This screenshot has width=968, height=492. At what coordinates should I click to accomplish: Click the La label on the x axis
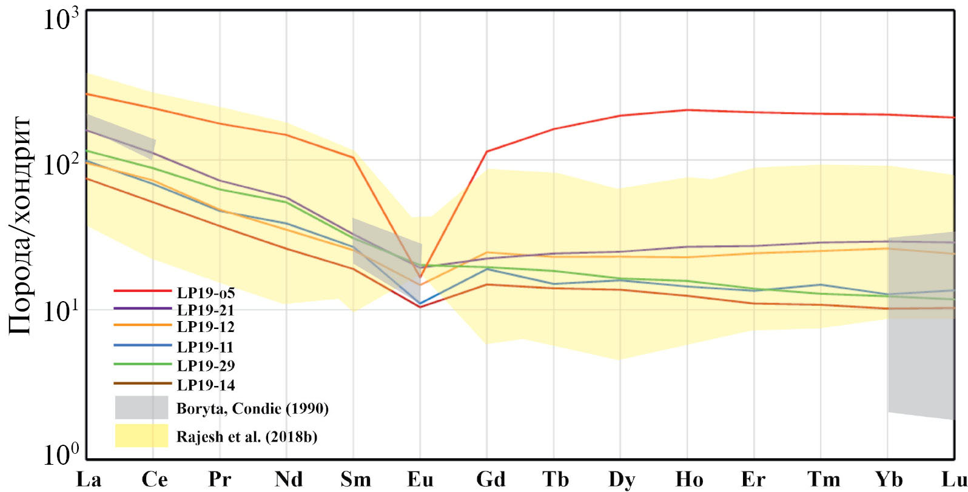tap(89, 479)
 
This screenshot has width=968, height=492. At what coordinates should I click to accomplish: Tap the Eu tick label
tap(420, 479)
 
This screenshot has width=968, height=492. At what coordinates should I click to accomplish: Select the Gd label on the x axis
tap(491, 479)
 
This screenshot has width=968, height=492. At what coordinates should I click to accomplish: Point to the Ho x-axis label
tap(689, 479)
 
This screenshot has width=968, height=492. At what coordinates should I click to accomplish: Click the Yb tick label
tap(889, 479)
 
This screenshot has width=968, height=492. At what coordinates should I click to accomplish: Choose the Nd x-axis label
tap(289, 479)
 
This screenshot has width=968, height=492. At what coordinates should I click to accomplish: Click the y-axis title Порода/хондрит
tap(21, 225)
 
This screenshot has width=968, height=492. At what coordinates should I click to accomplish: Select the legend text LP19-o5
tap(206, 293)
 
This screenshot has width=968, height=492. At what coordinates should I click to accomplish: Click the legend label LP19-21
tap(206, 310)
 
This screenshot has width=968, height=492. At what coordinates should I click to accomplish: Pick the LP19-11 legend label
tap(205, 347)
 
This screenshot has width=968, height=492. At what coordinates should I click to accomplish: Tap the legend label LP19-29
tap(206, 366)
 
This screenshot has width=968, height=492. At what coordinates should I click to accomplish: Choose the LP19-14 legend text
tap(206, 385)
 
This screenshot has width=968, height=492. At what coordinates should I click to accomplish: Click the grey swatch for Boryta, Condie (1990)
tap(142, 408)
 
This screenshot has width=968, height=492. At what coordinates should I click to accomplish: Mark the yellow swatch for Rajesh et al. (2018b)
tap(142, 436)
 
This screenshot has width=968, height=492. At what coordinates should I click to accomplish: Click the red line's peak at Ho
tap(687, 110)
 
